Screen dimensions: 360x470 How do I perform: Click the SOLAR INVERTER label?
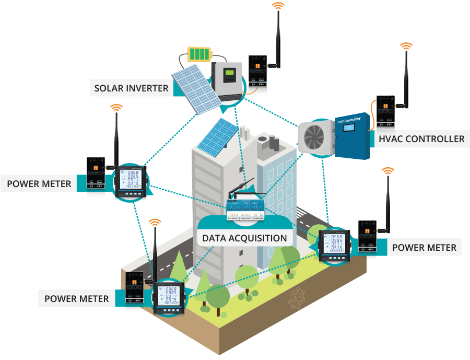pyautogui.click(x=131, y=88)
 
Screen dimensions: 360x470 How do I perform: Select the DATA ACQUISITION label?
pyautogui.click(x=244, y=238)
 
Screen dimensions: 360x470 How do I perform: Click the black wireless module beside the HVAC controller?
pyautogui.click(x=386, y=111)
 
